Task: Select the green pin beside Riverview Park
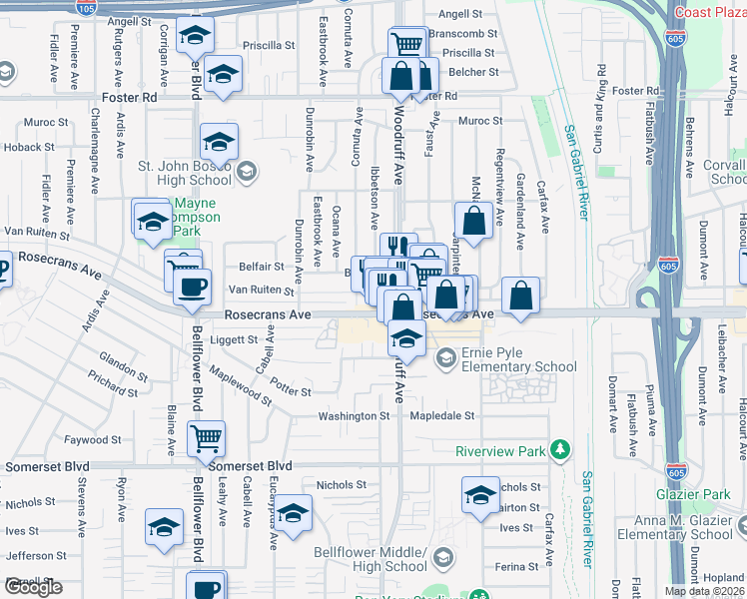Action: (562, 451)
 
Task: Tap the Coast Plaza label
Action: (710, 12)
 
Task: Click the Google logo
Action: (32, 587)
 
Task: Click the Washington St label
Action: (354, 415)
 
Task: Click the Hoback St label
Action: (21, 148)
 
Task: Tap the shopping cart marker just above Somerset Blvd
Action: (206, 437)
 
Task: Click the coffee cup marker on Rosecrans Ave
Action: (192, 289)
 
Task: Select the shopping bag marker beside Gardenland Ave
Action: (520, 296)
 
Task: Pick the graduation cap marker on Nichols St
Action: (480, 494)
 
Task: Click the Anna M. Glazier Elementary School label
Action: (688, 527)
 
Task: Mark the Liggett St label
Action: (235, 339)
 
